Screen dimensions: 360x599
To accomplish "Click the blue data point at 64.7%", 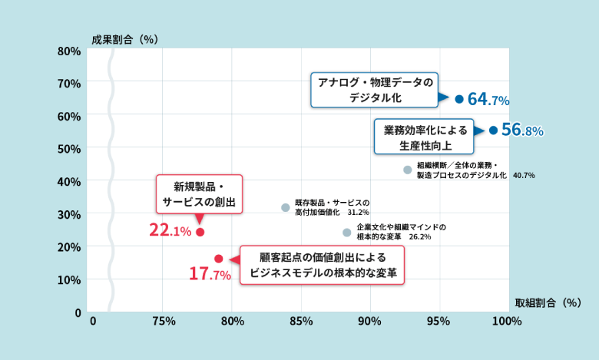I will pos(459,99).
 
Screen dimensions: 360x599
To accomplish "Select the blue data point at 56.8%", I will pos(493,130).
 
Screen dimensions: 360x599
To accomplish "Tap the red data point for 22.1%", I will pos(200,232).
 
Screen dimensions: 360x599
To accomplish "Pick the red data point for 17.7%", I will pos(219,259).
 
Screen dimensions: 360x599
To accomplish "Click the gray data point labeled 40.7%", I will pos(408,170).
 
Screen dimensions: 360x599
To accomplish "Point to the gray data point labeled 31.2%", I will pos(286,207).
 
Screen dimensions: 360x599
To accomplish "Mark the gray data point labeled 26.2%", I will pos(347,233).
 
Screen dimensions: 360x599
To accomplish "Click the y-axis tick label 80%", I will pos(69,51).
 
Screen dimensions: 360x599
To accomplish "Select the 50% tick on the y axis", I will pos(69,148).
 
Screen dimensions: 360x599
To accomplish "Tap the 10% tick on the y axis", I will pos(69,279).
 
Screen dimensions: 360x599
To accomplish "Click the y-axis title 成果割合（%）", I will pos(124,39).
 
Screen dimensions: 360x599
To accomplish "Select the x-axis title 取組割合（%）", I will pos(548,302).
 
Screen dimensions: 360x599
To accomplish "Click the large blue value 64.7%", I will pos(488,100).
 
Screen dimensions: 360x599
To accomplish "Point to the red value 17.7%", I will pos(210,273).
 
